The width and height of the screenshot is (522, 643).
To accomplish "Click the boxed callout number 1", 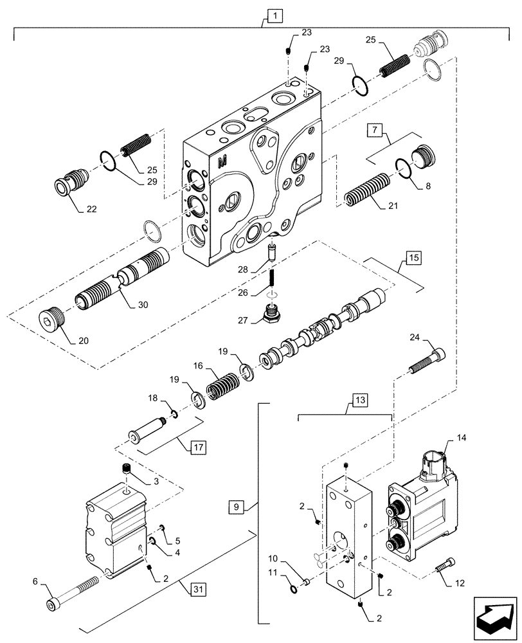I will point(269,14).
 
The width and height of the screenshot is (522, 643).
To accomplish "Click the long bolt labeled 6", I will point(72,593).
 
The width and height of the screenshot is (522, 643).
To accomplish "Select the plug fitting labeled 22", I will point(70,184).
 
